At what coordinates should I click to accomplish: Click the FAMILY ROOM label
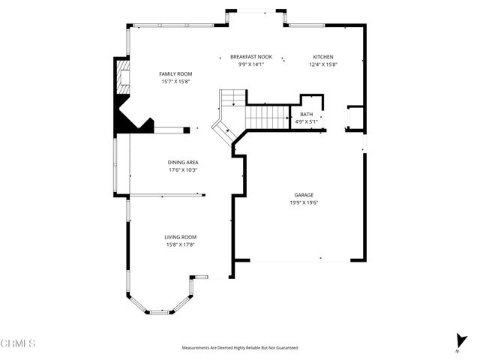point(175,73)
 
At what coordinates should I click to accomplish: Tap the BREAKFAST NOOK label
point(251,57)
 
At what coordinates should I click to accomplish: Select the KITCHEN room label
point(323,57)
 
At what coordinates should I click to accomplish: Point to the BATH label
point(306,114)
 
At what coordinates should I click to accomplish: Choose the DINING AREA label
point(183,162)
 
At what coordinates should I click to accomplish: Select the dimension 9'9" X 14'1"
point(251,64)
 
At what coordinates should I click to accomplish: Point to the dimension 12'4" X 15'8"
point(323,64)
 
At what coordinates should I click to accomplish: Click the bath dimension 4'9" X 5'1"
point(306,121)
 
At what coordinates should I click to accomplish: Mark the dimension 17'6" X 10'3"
point(183,169)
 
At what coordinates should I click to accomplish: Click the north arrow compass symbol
point(458,340)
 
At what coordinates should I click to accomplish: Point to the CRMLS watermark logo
point(18,343)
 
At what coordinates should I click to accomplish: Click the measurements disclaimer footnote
point(240,348)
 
